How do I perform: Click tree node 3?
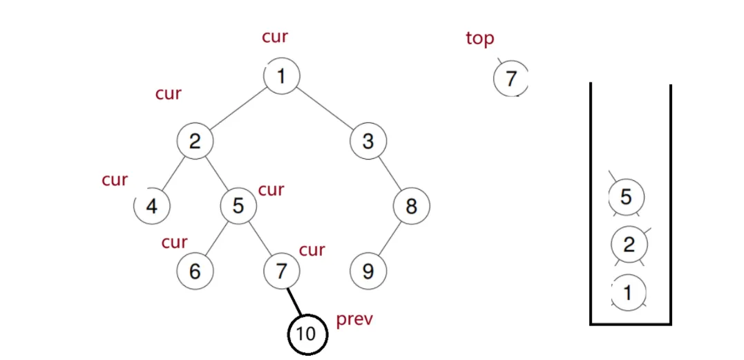click(368, 142)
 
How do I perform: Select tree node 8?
click(411, 206)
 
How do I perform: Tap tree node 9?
click(368, 271)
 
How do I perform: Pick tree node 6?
click(195, 271)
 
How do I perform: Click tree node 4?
click(152, 206)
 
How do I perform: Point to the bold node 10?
click(306, 334)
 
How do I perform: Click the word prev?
click(354, 321)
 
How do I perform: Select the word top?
click(480, 39)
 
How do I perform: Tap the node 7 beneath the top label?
click(511, 79)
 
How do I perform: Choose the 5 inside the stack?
click(626, 197)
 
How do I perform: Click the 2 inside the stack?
click(629, 245)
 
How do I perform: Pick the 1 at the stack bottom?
click(627, 292)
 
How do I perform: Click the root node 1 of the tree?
click(281, 76)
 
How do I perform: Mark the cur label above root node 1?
click(275, 37)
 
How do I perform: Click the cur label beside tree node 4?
click(115, 180)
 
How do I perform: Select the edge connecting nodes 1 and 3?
click(325, 109)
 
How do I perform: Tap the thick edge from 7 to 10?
click(294, 303)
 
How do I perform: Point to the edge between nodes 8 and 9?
click(389, 238)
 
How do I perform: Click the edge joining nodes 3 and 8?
click(390, 174)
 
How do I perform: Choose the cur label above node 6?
click(174, 243)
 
